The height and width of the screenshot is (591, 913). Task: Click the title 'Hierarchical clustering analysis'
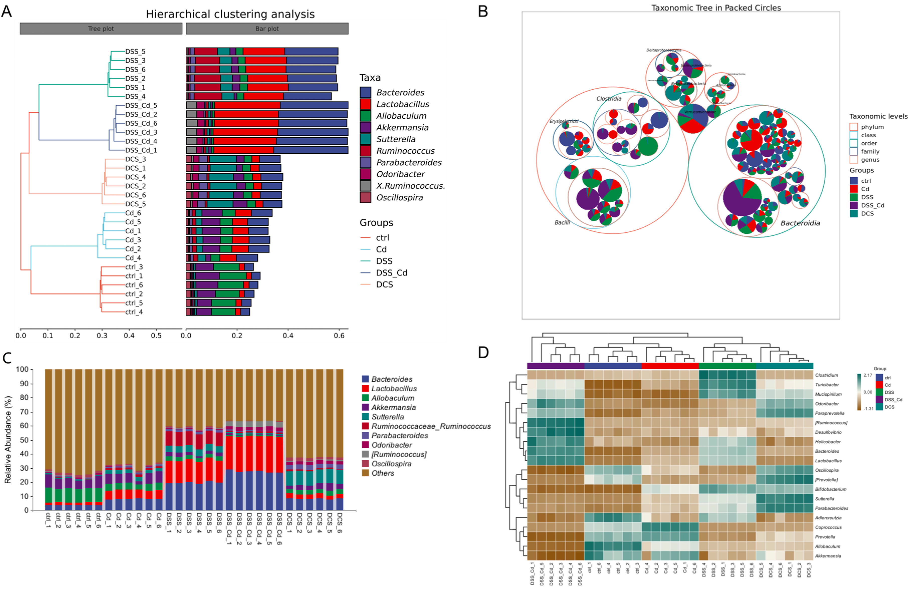(x=230, y=14)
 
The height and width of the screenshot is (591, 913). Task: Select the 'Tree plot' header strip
(x=101, y=28)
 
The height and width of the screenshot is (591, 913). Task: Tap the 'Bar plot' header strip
(x=267, y=28)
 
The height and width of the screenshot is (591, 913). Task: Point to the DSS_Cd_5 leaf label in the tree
(x=141, y=105)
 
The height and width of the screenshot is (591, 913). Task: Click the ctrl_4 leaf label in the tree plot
(x=134, y=312)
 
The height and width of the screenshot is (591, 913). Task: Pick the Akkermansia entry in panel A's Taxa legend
(x=402, y=127)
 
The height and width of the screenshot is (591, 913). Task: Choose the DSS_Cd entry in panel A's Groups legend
(x=391, y=273)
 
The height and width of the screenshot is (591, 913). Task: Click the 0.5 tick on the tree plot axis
(x=156, y=335)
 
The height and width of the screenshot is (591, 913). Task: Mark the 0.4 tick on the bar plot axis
(x=288, y=335)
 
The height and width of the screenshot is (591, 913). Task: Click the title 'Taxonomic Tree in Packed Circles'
(x=716, y=8)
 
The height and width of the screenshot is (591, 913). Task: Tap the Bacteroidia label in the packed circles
(x=800, y=223)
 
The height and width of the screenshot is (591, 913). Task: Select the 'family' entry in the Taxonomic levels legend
(x=870, y=152)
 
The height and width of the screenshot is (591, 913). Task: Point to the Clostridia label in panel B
(x=609, y=99)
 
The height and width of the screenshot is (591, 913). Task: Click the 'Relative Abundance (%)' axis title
(x=8, y=439)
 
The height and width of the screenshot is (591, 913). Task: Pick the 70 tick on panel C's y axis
(x=22, y=411)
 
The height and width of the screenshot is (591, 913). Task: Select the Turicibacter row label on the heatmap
(x=827, y=384)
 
